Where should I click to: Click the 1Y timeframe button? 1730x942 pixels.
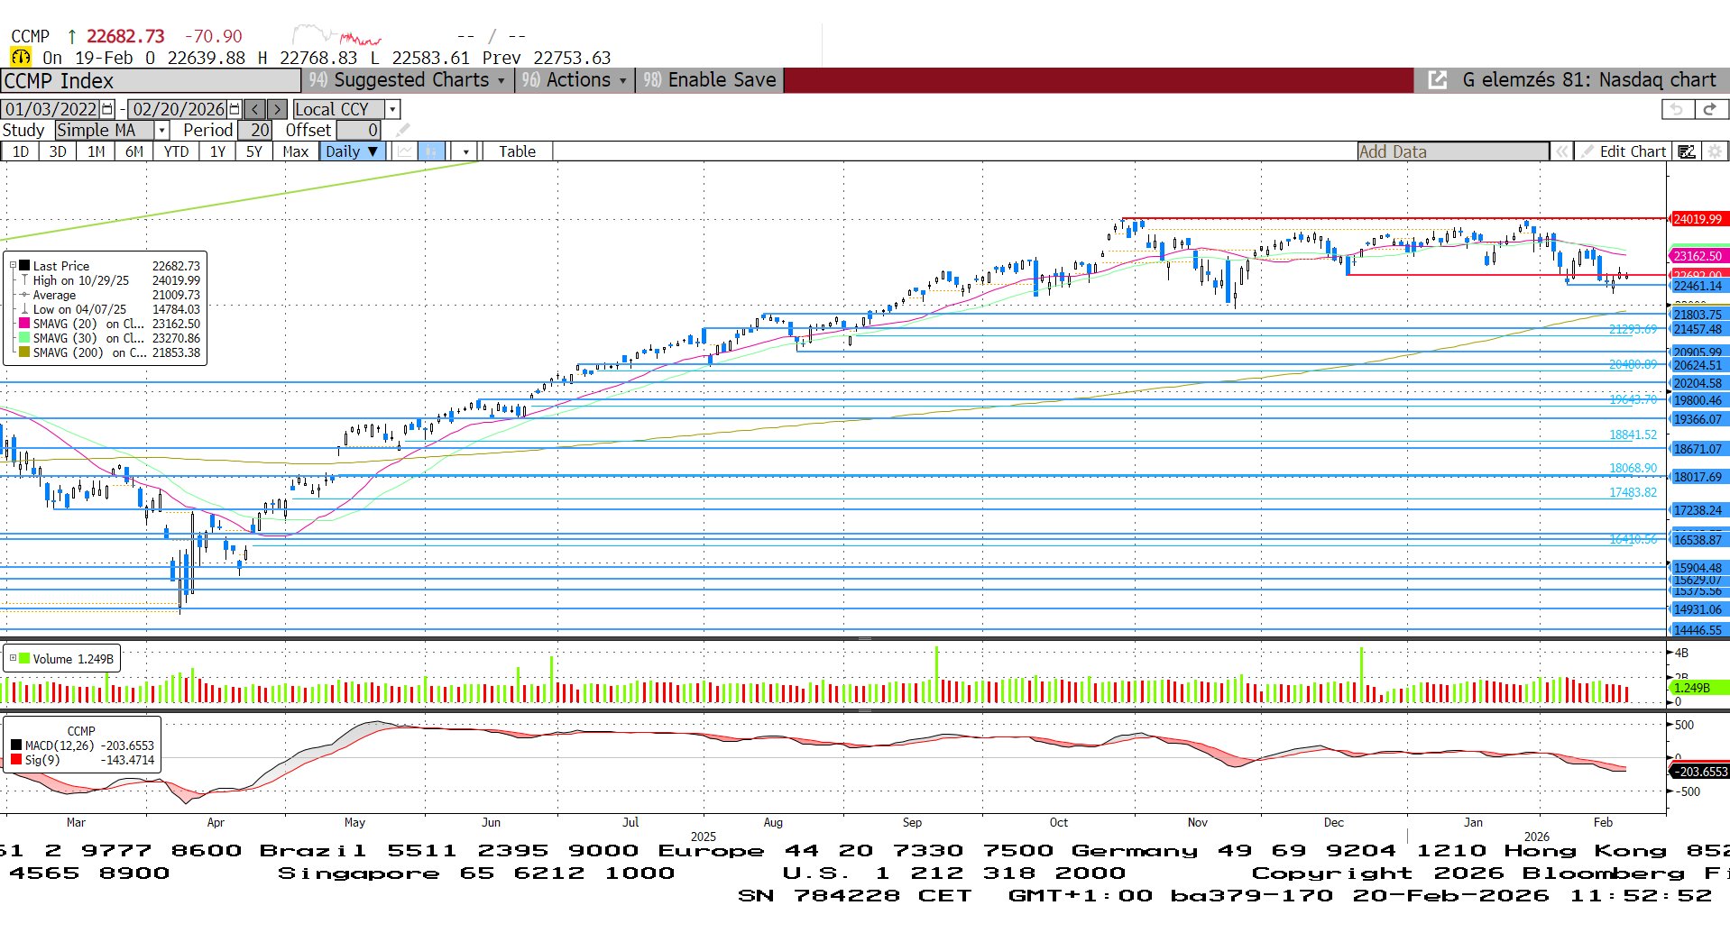[217, 151]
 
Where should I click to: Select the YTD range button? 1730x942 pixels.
[177, 151]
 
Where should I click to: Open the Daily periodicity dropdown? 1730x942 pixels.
[352, 151]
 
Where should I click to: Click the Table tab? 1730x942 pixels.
[517, 151]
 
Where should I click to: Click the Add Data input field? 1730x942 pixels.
[1452, 151]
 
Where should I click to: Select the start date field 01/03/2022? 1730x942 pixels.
[51, 109]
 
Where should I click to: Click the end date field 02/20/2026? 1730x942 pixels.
[179, 109]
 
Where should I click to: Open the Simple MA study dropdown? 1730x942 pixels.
[112, 130]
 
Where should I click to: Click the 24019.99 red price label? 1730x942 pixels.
[1698, 219]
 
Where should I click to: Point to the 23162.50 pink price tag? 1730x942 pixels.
[1698, 256]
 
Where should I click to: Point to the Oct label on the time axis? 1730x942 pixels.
[1058, 822]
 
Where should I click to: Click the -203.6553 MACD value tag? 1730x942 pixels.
[1699, 772]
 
